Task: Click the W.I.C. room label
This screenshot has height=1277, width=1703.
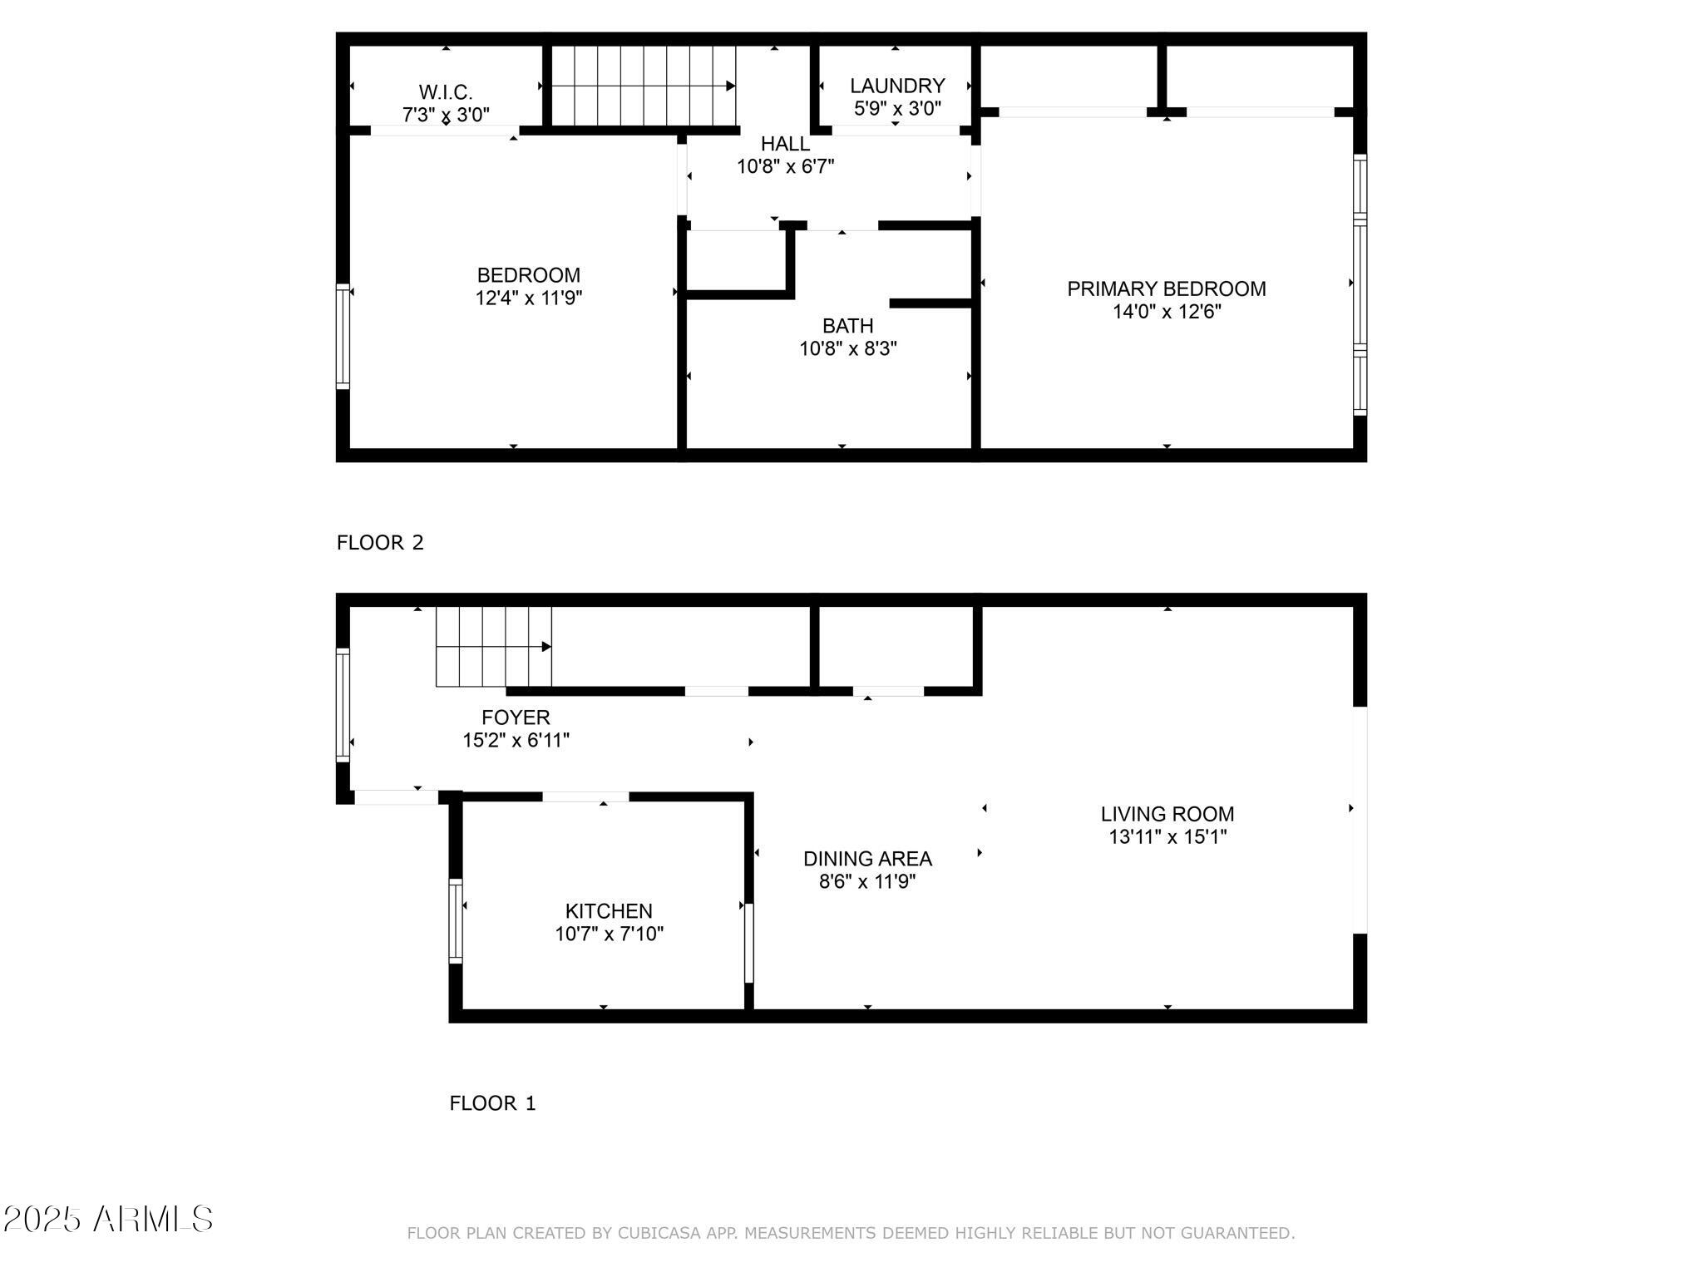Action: point(446,91)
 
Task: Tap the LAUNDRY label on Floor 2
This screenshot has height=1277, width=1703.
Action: point(897,86)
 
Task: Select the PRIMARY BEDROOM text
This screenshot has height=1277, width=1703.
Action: point(1166,288)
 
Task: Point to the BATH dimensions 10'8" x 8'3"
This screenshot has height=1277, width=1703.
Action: point(848,348)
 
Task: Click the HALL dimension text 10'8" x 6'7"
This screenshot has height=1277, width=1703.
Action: point(785,166)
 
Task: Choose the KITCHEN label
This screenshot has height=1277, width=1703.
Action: point(609,910)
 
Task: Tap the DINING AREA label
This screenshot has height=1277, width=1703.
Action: point(867,858)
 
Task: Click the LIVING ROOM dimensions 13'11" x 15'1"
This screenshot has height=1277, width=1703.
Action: point(1167,836)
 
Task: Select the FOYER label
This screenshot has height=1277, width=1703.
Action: point(516,717)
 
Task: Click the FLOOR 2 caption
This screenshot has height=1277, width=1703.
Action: point(380,543)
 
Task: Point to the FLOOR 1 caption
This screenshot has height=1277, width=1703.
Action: point(492,1103)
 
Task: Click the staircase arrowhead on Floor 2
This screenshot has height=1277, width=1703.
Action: point(730,86)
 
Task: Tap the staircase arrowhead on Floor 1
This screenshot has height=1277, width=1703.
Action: point(546,647)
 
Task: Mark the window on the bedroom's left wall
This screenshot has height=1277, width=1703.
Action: point(343,336)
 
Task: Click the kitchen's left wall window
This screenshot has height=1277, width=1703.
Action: point(456,921)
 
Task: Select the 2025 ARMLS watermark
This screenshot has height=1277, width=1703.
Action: point(108,1220)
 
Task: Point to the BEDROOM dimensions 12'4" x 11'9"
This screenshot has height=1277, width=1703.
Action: point(529,298)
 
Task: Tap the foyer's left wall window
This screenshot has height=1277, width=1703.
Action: point(343,705)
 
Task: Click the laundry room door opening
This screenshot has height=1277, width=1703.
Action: point(896,131)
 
